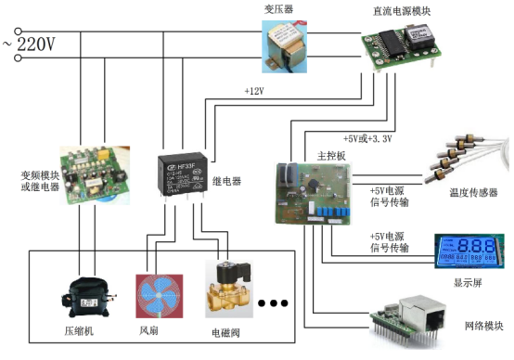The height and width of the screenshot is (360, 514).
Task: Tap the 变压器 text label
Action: pos(278,8)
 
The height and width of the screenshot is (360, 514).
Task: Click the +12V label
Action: pos(254,92)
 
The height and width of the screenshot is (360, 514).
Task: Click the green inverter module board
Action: pos(93,174)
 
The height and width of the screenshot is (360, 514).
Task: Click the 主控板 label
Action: pos(331,156)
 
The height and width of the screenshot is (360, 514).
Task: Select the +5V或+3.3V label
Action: pos(367,139)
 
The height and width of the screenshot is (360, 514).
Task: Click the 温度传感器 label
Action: pos(473,193)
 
